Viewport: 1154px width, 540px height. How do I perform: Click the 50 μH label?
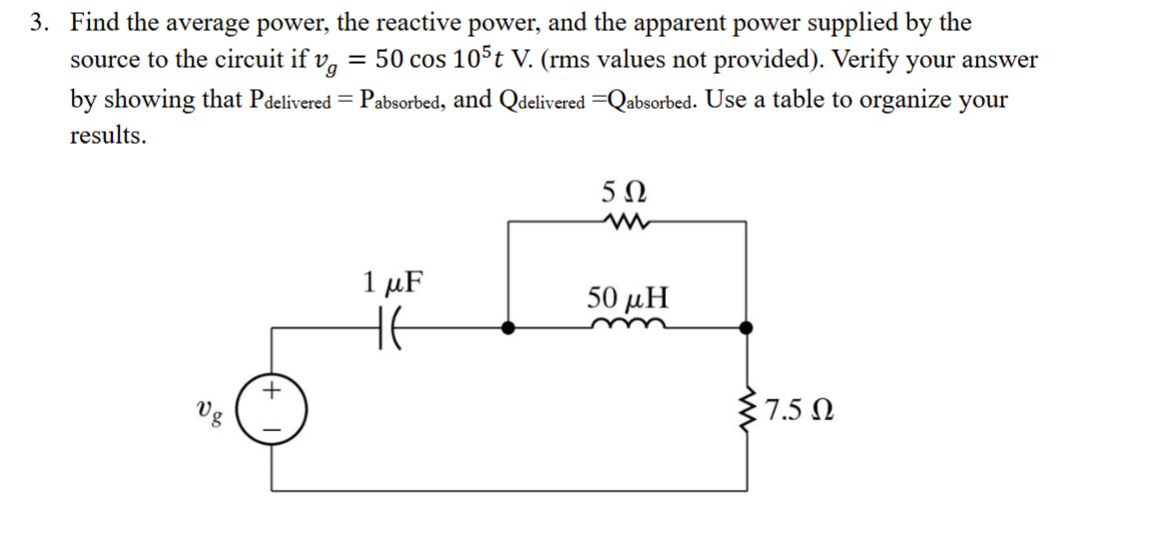[x=628, y=296]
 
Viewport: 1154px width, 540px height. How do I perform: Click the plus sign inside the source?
[x=271, y=393]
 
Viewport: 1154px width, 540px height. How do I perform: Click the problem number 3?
[x=38, y=22]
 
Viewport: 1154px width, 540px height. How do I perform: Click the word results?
[x=108, y=137]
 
